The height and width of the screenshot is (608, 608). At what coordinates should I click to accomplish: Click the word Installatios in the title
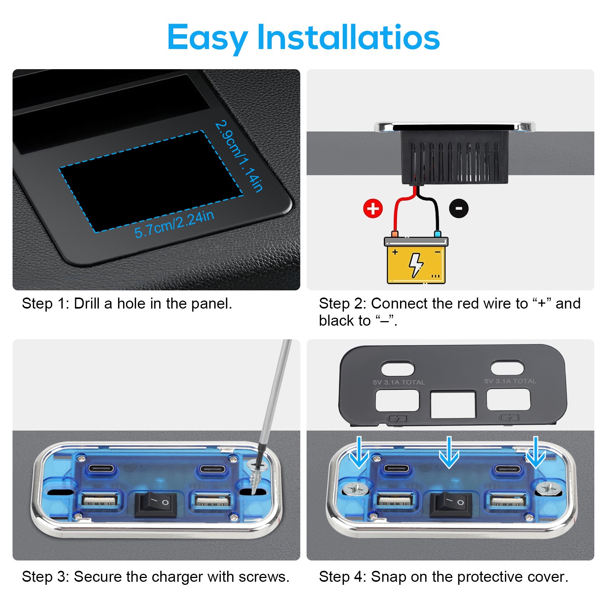[348, 37]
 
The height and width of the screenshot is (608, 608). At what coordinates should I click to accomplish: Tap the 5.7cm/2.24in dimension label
[174, 224]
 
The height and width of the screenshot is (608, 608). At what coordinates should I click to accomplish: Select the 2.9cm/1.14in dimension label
[239, 156]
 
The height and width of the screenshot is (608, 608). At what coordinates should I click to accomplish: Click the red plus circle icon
[373, 209]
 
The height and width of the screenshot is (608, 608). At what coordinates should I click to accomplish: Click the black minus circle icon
[459, 208]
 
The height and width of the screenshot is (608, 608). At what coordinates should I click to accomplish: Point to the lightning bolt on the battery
[416, 265]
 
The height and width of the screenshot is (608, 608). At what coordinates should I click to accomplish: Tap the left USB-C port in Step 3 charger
[101, 468]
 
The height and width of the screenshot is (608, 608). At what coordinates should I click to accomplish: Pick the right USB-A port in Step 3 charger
[212, 501]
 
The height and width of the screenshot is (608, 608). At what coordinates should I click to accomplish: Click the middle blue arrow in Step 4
[449, 452]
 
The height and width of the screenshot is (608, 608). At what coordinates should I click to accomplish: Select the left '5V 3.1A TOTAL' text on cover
[399, 382]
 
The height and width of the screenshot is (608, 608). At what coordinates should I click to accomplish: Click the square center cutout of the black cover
[453, 405]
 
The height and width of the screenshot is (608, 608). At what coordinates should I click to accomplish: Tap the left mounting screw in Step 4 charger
[356, 488]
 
